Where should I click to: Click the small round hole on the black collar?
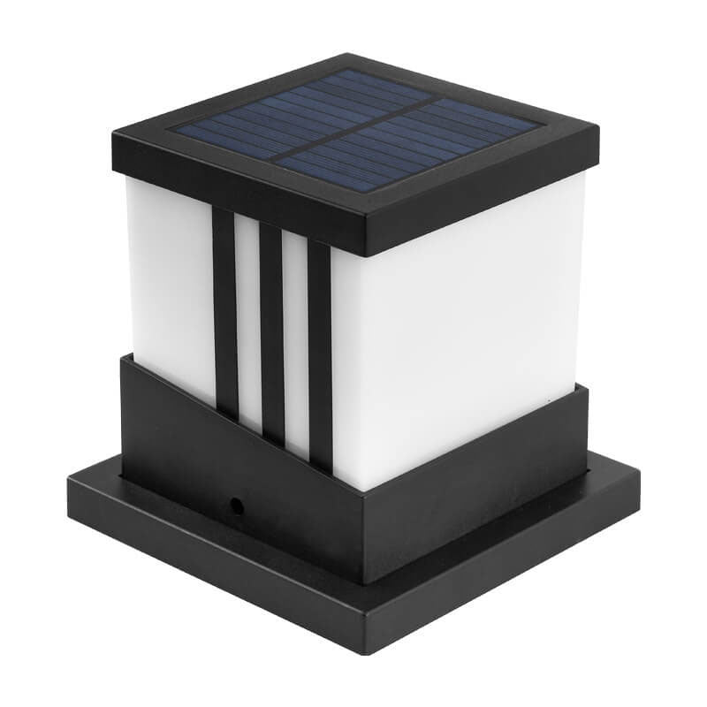[x=237, y=505]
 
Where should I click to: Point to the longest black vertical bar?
[x=319, y=353]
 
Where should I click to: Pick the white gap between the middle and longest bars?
[x=295, y=345]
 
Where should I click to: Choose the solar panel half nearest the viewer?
[x=389, y=159]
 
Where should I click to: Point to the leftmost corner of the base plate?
[x=69, y=490]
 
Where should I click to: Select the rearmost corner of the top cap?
[x=340, y=56]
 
